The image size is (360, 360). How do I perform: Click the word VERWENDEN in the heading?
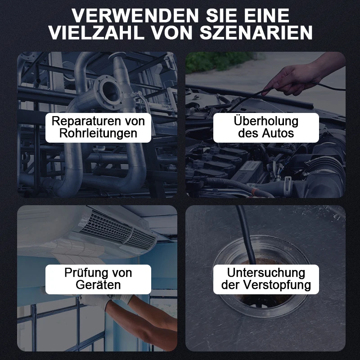coord(135,16)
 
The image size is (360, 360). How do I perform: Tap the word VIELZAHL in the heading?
coord(96,33)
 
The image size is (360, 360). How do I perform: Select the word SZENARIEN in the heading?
coord(256,33)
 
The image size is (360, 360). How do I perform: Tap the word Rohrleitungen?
coord(98,133)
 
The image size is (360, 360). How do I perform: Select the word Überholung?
coord(266,121)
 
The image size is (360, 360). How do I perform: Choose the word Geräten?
coord(98,284)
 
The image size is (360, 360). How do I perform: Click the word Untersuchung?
coord(266,273)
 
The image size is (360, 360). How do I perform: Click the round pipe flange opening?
coord(111,90)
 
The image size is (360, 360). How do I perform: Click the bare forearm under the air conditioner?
coord(147,321)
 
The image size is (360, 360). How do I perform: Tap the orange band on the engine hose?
coord(254,191)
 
